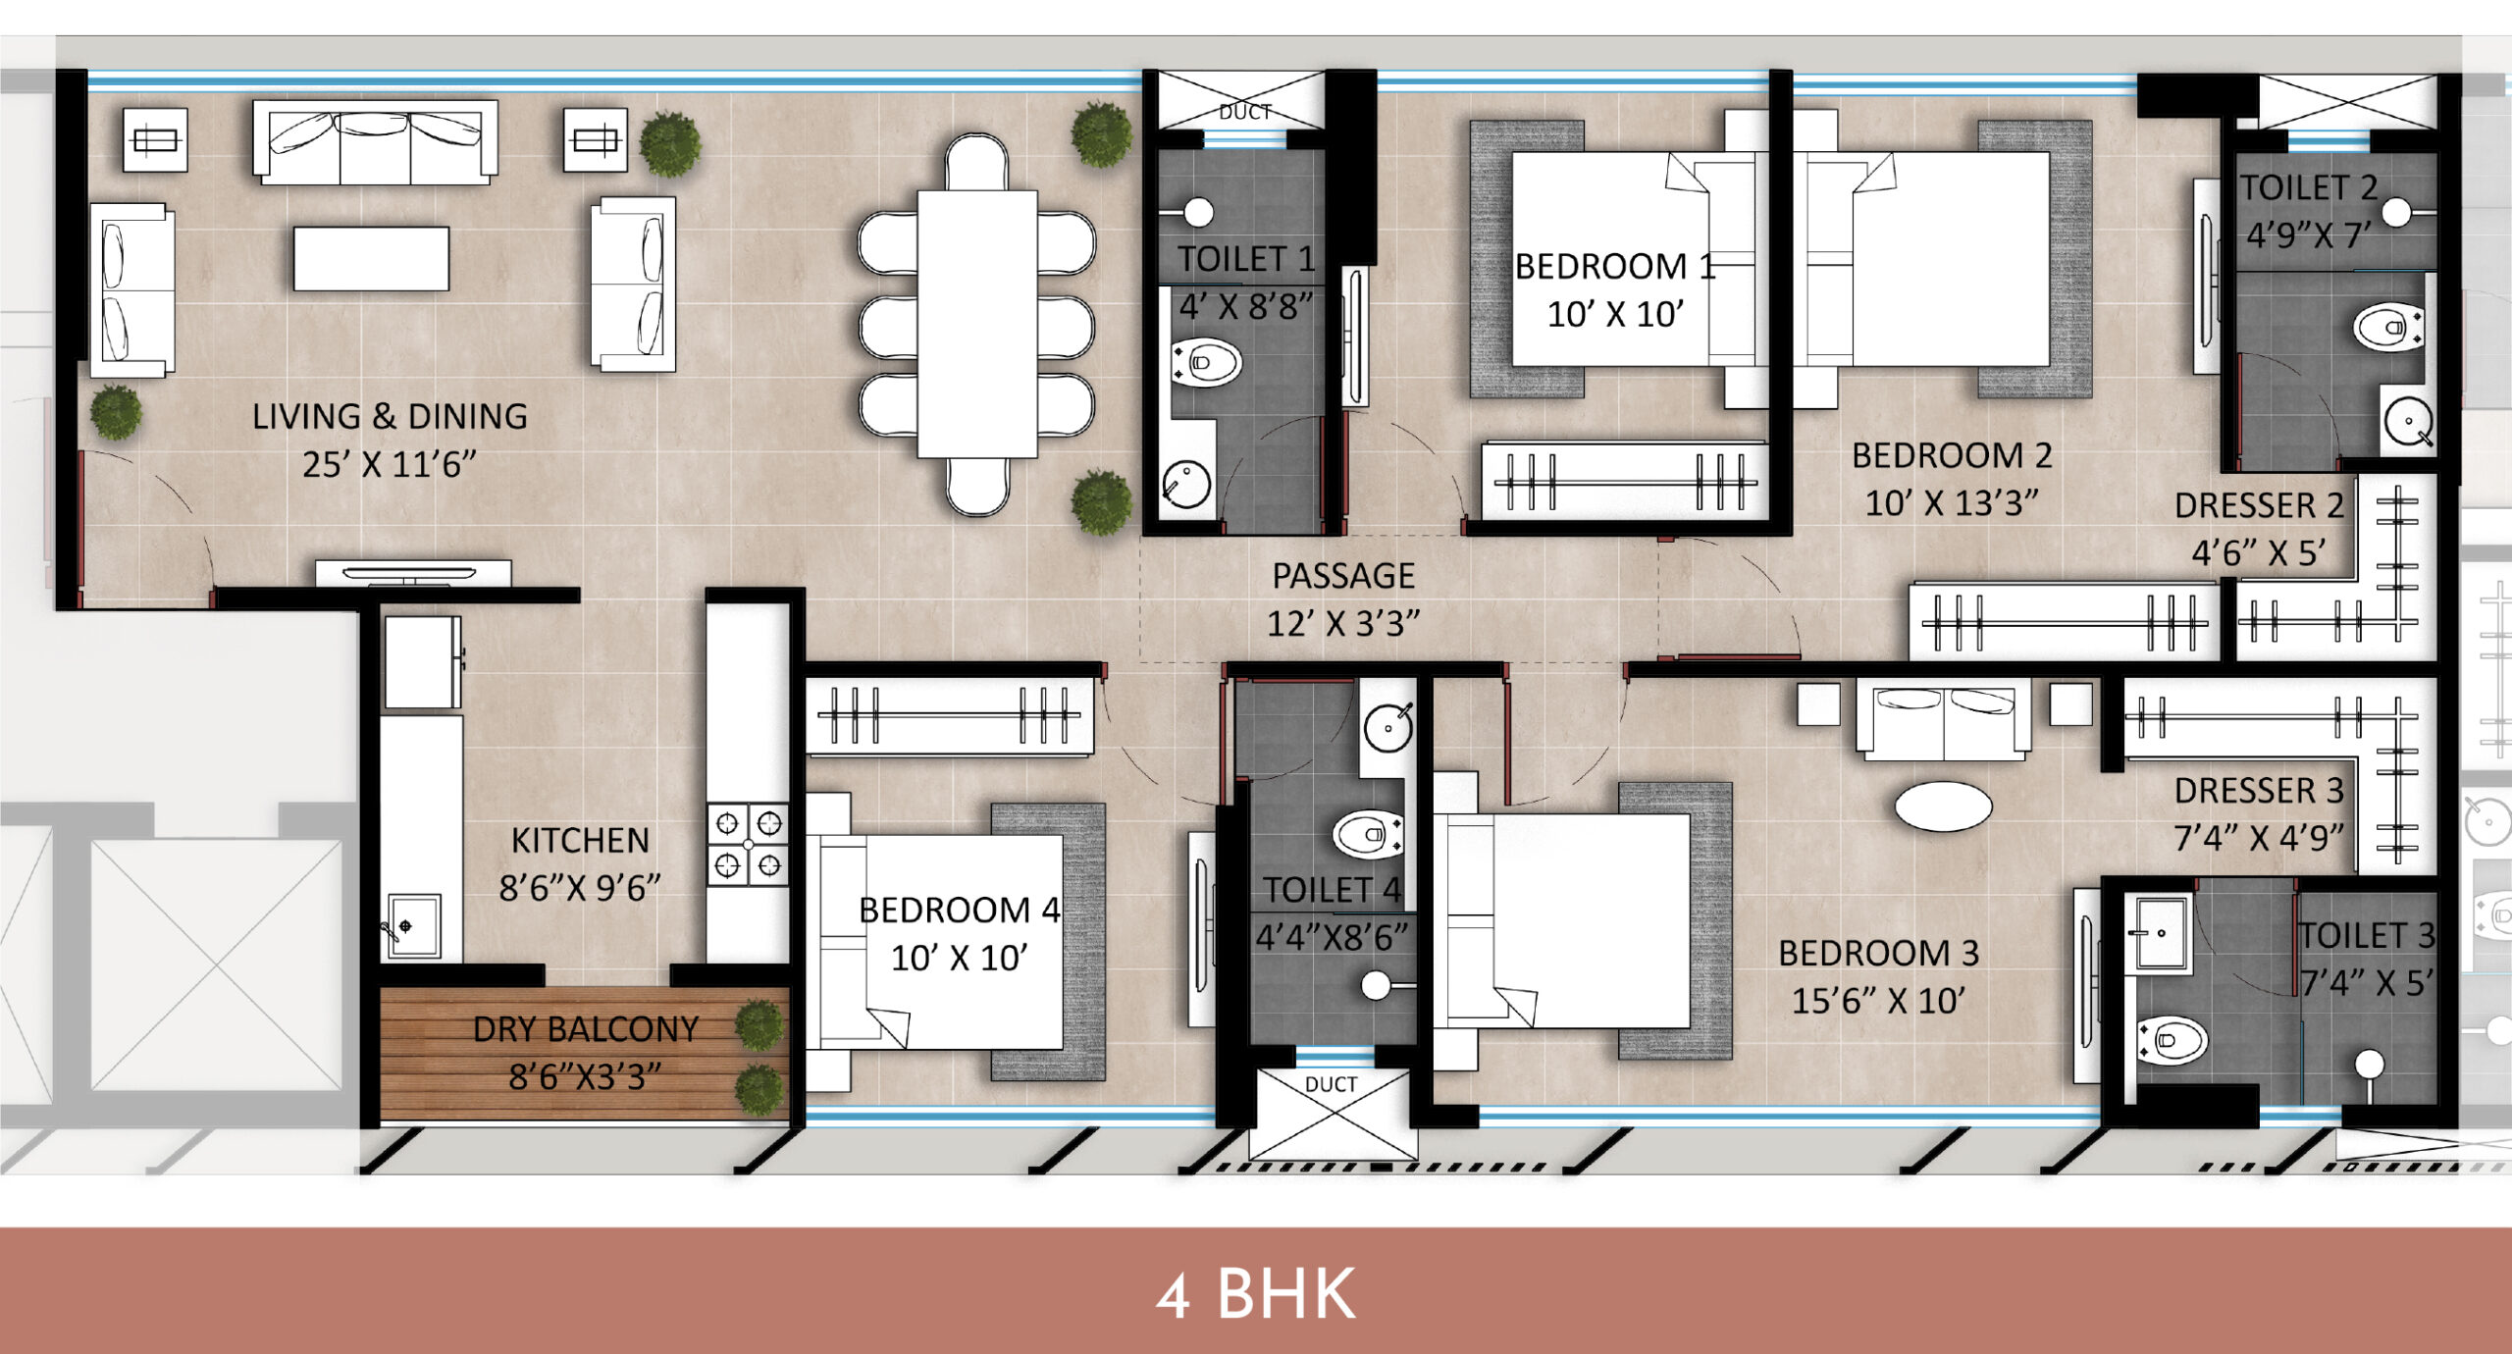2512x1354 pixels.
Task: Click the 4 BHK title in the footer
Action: [x=1256, y=1294]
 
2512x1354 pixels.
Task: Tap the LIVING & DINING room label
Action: [x=390, y=417]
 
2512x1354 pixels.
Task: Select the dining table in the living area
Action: [x=976, y=324]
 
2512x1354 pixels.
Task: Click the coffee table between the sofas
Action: [x=371, y=258]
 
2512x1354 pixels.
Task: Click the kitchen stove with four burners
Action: [x=748, y=845]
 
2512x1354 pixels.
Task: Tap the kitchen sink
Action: [x=413, y=925]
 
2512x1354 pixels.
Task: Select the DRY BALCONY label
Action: [x=585, y=1029]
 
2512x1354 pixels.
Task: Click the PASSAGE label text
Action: [x=1343, y=576]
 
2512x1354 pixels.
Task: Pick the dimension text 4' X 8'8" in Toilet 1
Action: [x=1245, y=307]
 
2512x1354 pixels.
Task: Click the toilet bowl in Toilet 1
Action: [x=1208, y=363]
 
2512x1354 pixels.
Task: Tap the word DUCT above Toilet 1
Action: [x=1244, y=112]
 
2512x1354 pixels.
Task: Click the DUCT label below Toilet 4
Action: [x=1331, y=1084]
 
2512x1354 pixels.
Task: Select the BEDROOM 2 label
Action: [x=1952, y=456]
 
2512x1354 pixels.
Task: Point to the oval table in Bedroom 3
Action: [x=1943, y=807]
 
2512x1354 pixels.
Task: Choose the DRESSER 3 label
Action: [x=2258, y=791]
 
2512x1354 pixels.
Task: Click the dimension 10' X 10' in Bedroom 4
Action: [x=959, y=958]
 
